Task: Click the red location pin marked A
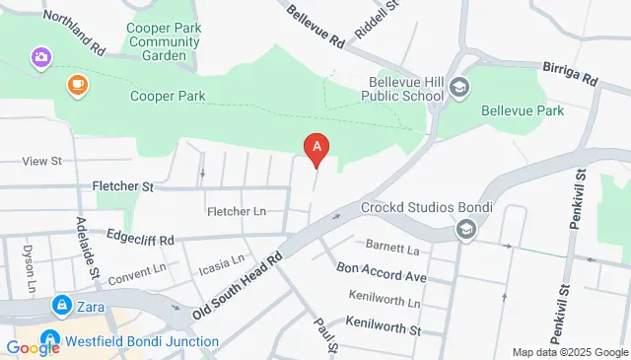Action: click(x=315, y=148)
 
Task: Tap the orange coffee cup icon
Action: click(x=76, y=87)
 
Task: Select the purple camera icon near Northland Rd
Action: click(x=41, y=57)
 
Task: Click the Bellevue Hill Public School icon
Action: click(x=458, y=89)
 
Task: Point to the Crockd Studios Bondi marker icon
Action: click(x=465, y=230)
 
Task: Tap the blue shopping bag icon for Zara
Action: click(x=62, y=305)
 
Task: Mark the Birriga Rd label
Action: click(x=571, y=74)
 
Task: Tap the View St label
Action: click(x=41, y=160)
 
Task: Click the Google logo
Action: click(x=33, y=347)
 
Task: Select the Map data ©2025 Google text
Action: click(x=570, y=352)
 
